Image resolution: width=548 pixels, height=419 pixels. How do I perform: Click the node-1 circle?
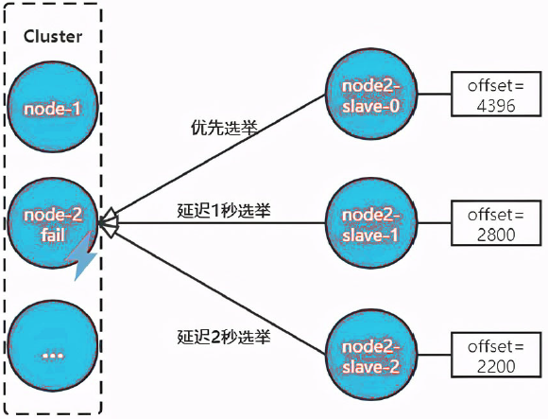pos(52,108)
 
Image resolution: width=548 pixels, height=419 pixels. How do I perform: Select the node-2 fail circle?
pos(52,223)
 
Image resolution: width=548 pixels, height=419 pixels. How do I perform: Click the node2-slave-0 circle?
pos(370,94)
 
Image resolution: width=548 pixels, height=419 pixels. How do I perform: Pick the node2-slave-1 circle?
pos(370,222)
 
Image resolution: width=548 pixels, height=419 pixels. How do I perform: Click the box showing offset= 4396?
pos(491,95)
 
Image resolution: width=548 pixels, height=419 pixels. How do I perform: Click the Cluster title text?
pos(53,37)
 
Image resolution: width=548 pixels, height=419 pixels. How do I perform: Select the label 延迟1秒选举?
pos(224,210)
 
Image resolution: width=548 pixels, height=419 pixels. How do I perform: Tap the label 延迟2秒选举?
pos(224,335)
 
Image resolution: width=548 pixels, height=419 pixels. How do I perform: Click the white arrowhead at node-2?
pos(107,224)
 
